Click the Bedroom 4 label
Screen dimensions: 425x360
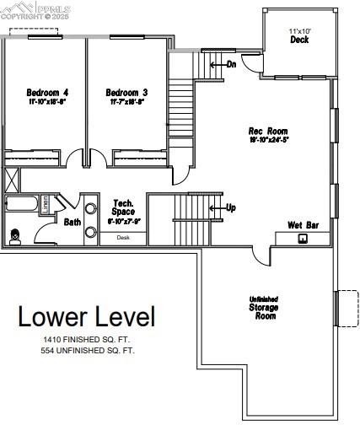pyautogui.click(x=46, y=92)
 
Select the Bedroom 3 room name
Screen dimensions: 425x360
pyautogui.click(x=126, y=92)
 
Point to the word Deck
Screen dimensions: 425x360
pyautogui.click(x=299, y=40)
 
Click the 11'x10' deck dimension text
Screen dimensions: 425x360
pyautogui.click(x=299, y=31)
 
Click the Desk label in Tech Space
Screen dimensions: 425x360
pyautogui.click(x=124, y=238)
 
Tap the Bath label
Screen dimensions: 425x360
pyautogui.click(x=73, y=223)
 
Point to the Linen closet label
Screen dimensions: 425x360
pyautogui.click(x=47, y=202)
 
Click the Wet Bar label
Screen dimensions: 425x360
pyautogui.click(x=301, y=225)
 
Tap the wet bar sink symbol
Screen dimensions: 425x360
pyautogui.click(x=303, y=238)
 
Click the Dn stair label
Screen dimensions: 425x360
pyautogui.click(x=229, y=63)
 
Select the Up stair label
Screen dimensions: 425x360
pyautogui.click(x=228, y=207)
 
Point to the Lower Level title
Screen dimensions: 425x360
pyautogui.click(x=87, y=317)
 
